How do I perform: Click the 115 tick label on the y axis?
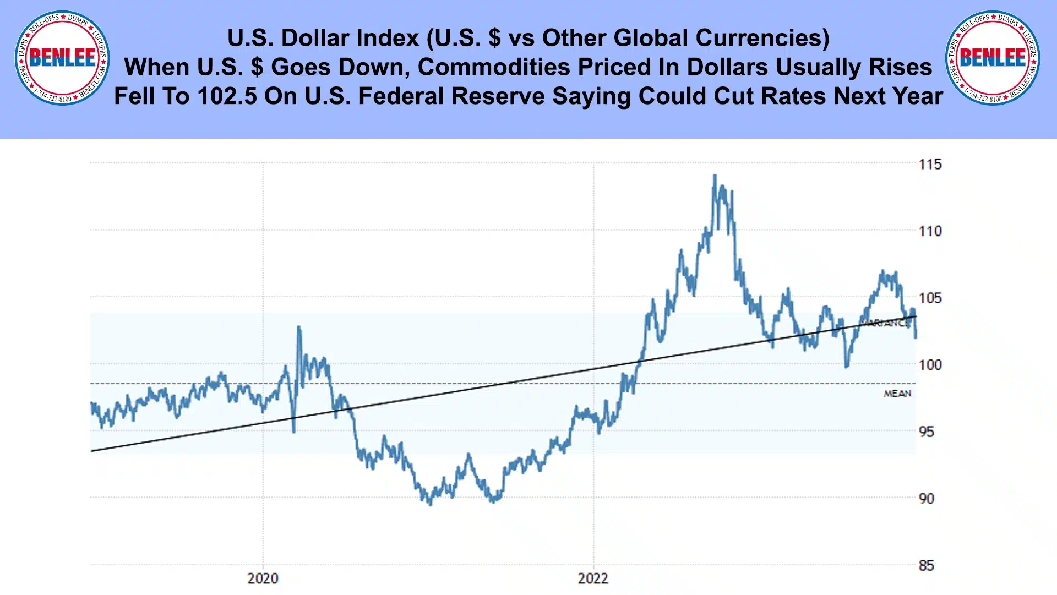[x=930, y=164]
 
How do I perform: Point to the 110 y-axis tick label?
[x=930, y=231]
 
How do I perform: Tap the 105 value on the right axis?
[x=930, y=298]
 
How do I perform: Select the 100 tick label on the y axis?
[x=930, y=365]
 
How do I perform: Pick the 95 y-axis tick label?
[x=926, y=432]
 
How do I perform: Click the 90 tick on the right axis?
[x=926, y=499]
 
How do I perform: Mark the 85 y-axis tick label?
[x=926, y=566]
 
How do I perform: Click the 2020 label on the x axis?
[x=263, y=578]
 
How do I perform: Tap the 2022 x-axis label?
[x=593, y=578]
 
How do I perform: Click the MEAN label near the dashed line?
[x=897, y=394]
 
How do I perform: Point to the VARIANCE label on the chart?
[x=886, y=323]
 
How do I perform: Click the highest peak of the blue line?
[x=715, y=176]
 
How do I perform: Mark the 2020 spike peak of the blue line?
[x=298, y=327]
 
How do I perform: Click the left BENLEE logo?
[x=62, y=58]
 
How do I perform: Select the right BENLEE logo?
[x=993, y=58]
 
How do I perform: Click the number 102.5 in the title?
[x=227, y=96]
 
